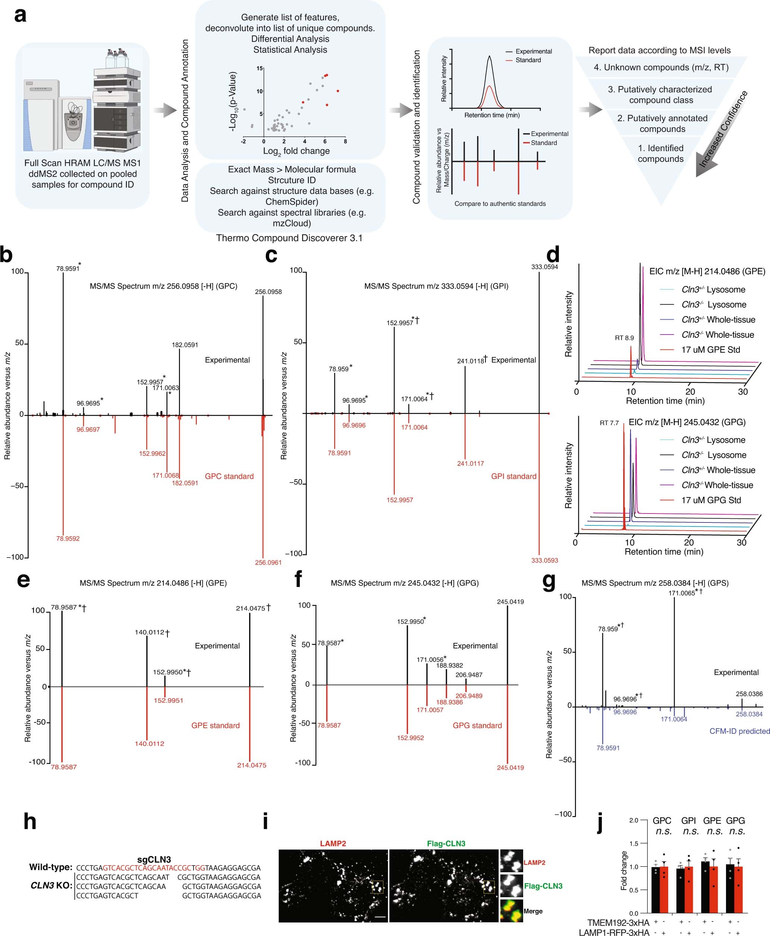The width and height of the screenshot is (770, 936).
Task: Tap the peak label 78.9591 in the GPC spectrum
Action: [x=68, y=268]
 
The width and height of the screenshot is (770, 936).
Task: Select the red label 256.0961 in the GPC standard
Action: [x=268, y=562]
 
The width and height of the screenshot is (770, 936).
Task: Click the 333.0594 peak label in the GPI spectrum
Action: [x=544, y=267]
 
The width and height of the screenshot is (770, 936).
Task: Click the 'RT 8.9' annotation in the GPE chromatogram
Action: [x=624, y=338]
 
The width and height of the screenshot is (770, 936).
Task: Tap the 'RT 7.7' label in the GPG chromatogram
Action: [x=609, y=423]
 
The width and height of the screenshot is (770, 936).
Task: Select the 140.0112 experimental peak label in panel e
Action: [x=150, y=632]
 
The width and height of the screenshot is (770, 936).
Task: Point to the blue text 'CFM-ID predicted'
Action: [x=739, y=731]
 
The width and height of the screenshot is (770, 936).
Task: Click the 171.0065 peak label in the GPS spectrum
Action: [x=682, y=593]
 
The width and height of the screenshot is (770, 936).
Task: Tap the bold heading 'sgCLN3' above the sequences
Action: [x=154, y=859]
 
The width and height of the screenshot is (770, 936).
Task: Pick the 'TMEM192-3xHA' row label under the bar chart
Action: [x=618, y=923]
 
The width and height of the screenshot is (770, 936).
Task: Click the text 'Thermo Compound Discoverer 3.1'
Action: [x=289, y=238]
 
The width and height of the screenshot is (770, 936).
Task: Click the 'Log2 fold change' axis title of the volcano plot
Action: [x=296, y=151]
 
